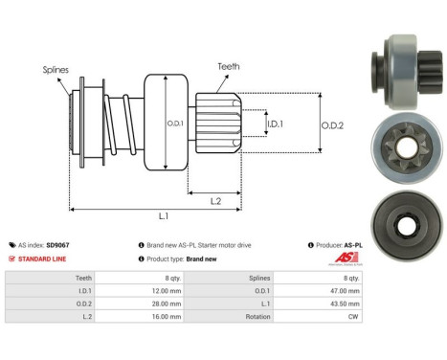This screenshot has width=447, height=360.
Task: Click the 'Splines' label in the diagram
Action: tap(56, 70)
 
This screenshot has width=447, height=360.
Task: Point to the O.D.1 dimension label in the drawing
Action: tap(174, 124)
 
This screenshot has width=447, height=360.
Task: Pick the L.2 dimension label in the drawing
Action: tap(216, 199)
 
